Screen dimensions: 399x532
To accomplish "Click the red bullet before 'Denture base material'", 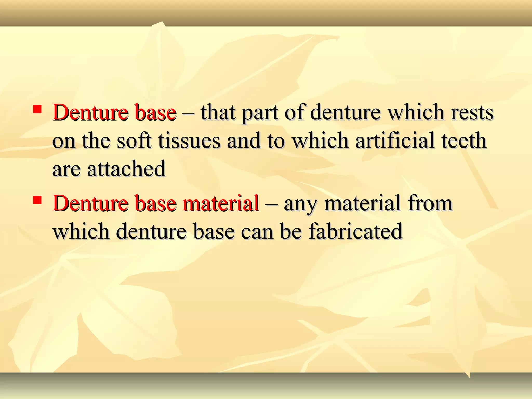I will tap(37, 200).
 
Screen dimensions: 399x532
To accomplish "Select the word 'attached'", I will tap(126, 169).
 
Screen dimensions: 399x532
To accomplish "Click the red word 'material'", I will tap(221, 203).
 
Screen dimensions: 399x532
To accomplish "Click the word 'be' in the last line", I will tap(291, 231).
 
